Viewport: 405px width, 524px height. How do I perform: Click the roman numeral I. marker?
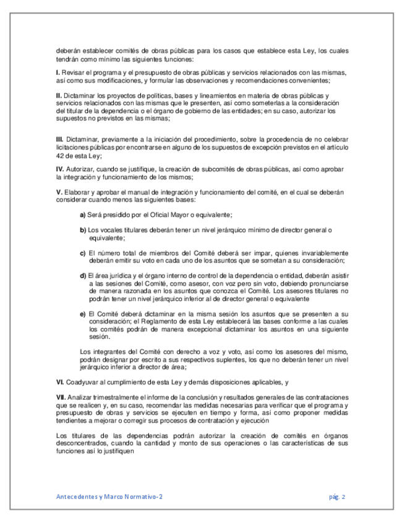coord(57,73)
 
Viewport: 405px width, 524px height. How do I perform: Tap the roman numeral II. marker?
coord(58,96)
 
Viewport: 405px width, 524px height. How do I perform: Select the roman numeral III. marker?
coord(59,143)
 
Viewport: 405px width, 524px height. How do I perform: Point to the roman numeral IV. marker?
coord(59,169)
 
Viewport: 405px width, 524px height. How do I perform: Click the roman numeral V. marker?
coord(58,192)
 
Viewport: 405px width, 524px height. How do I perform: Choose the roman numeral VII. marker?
coord(60,395)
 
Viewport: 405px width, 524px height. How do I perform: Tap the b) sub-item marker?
coord(83,230)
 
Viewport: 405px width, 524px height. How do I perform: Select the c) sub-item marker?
coord(83,253)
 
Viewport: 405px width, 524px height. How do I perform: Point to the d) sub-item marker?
coord(83,276)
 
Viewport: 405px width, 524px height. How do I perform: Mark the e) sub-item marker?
coord(83,314)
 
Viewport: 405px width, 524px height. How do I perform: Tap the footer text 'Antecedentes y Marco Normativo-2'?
coord(109,496)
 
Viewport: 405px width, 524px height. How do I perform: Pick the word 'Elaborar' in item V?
coord(77,192)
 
